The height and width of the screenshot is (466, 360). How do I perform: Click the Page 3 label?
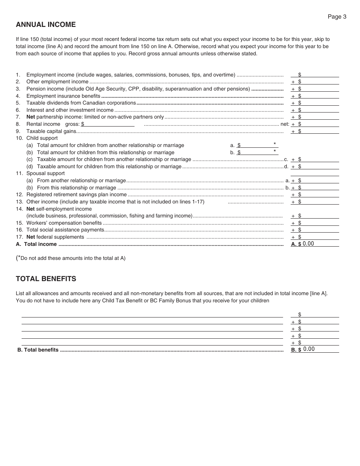pyautogui.click(x=337, y=17)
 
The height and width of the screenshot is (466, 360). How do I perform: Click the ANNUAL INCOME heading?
pyautogui.click(x=46, y=25)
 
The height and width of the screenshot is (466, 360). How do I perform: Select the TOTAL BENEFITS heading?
pyautogui.click(x=46, y=279)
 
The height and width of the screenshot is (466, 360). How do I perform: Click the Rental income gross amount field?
pyautogui.click(x=109, y=124)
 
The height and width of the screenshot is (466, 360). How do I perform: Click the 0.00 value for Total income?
pyautogui.click(x=308, y=244)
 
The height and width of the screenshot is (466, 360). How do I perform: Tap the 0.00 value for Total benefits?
pyautogui.click(x=309, y=349)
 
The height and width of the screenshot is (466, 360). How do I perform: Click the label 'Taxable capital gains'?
pyautogui.click(x=51, y=131)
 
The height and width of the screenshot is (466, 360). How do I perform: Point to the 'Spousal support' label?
pyautogui.click(x=45, y=174)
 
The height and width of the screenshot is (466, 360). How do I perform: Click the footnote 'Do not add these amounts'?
pyautogui.click(x=72, y=258)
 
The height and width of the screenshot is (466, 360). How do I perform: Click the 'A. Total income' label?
pyautogui.click(x=36, y=244)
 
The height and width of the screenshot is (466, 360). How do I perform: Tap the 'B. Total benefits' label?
pyautogui.click(x=38, y=350)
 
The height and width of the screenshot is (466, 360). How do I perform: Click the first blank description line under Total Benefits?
pyautogui.click(x=152, y=314)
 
